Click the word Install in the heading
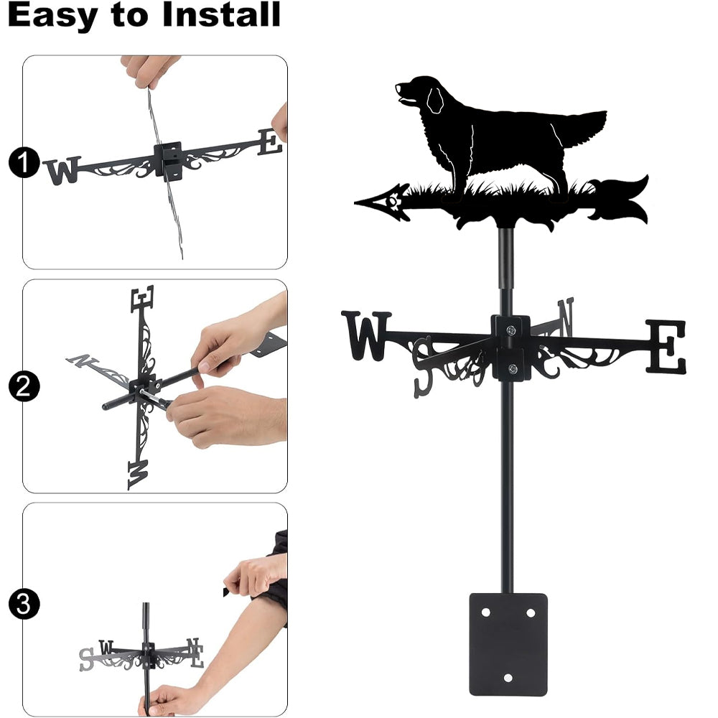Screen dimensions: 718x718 coord(221,14)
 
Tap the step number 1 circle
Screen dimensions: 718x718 coord(24,162)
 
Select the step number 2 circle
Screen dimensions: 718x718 coord(24,386)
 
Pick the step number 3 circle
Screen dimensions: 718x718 coord(24,604)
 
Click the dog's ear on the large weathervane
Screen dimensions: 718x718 coord(435,100)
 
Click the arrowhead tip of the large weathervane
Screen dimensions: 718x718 coord(355,202)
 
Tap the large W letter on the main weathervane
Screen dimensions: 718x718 coord(366,335)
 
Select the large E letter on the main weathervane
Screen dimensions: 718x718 coord(666,346)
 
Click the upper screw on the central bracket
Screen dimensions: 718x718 coord(511,330)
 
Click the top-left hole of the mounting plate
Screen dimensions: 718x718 coord(486,612)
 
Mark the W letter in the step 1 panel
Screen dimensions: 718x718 coord(62,170)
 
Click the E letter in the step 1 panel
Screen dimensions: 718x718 coord(270,142)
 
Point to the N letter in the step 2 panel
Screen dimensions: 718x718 coord(82,361)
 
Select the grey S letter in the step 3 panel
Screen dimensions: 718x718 coord(85,659)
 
